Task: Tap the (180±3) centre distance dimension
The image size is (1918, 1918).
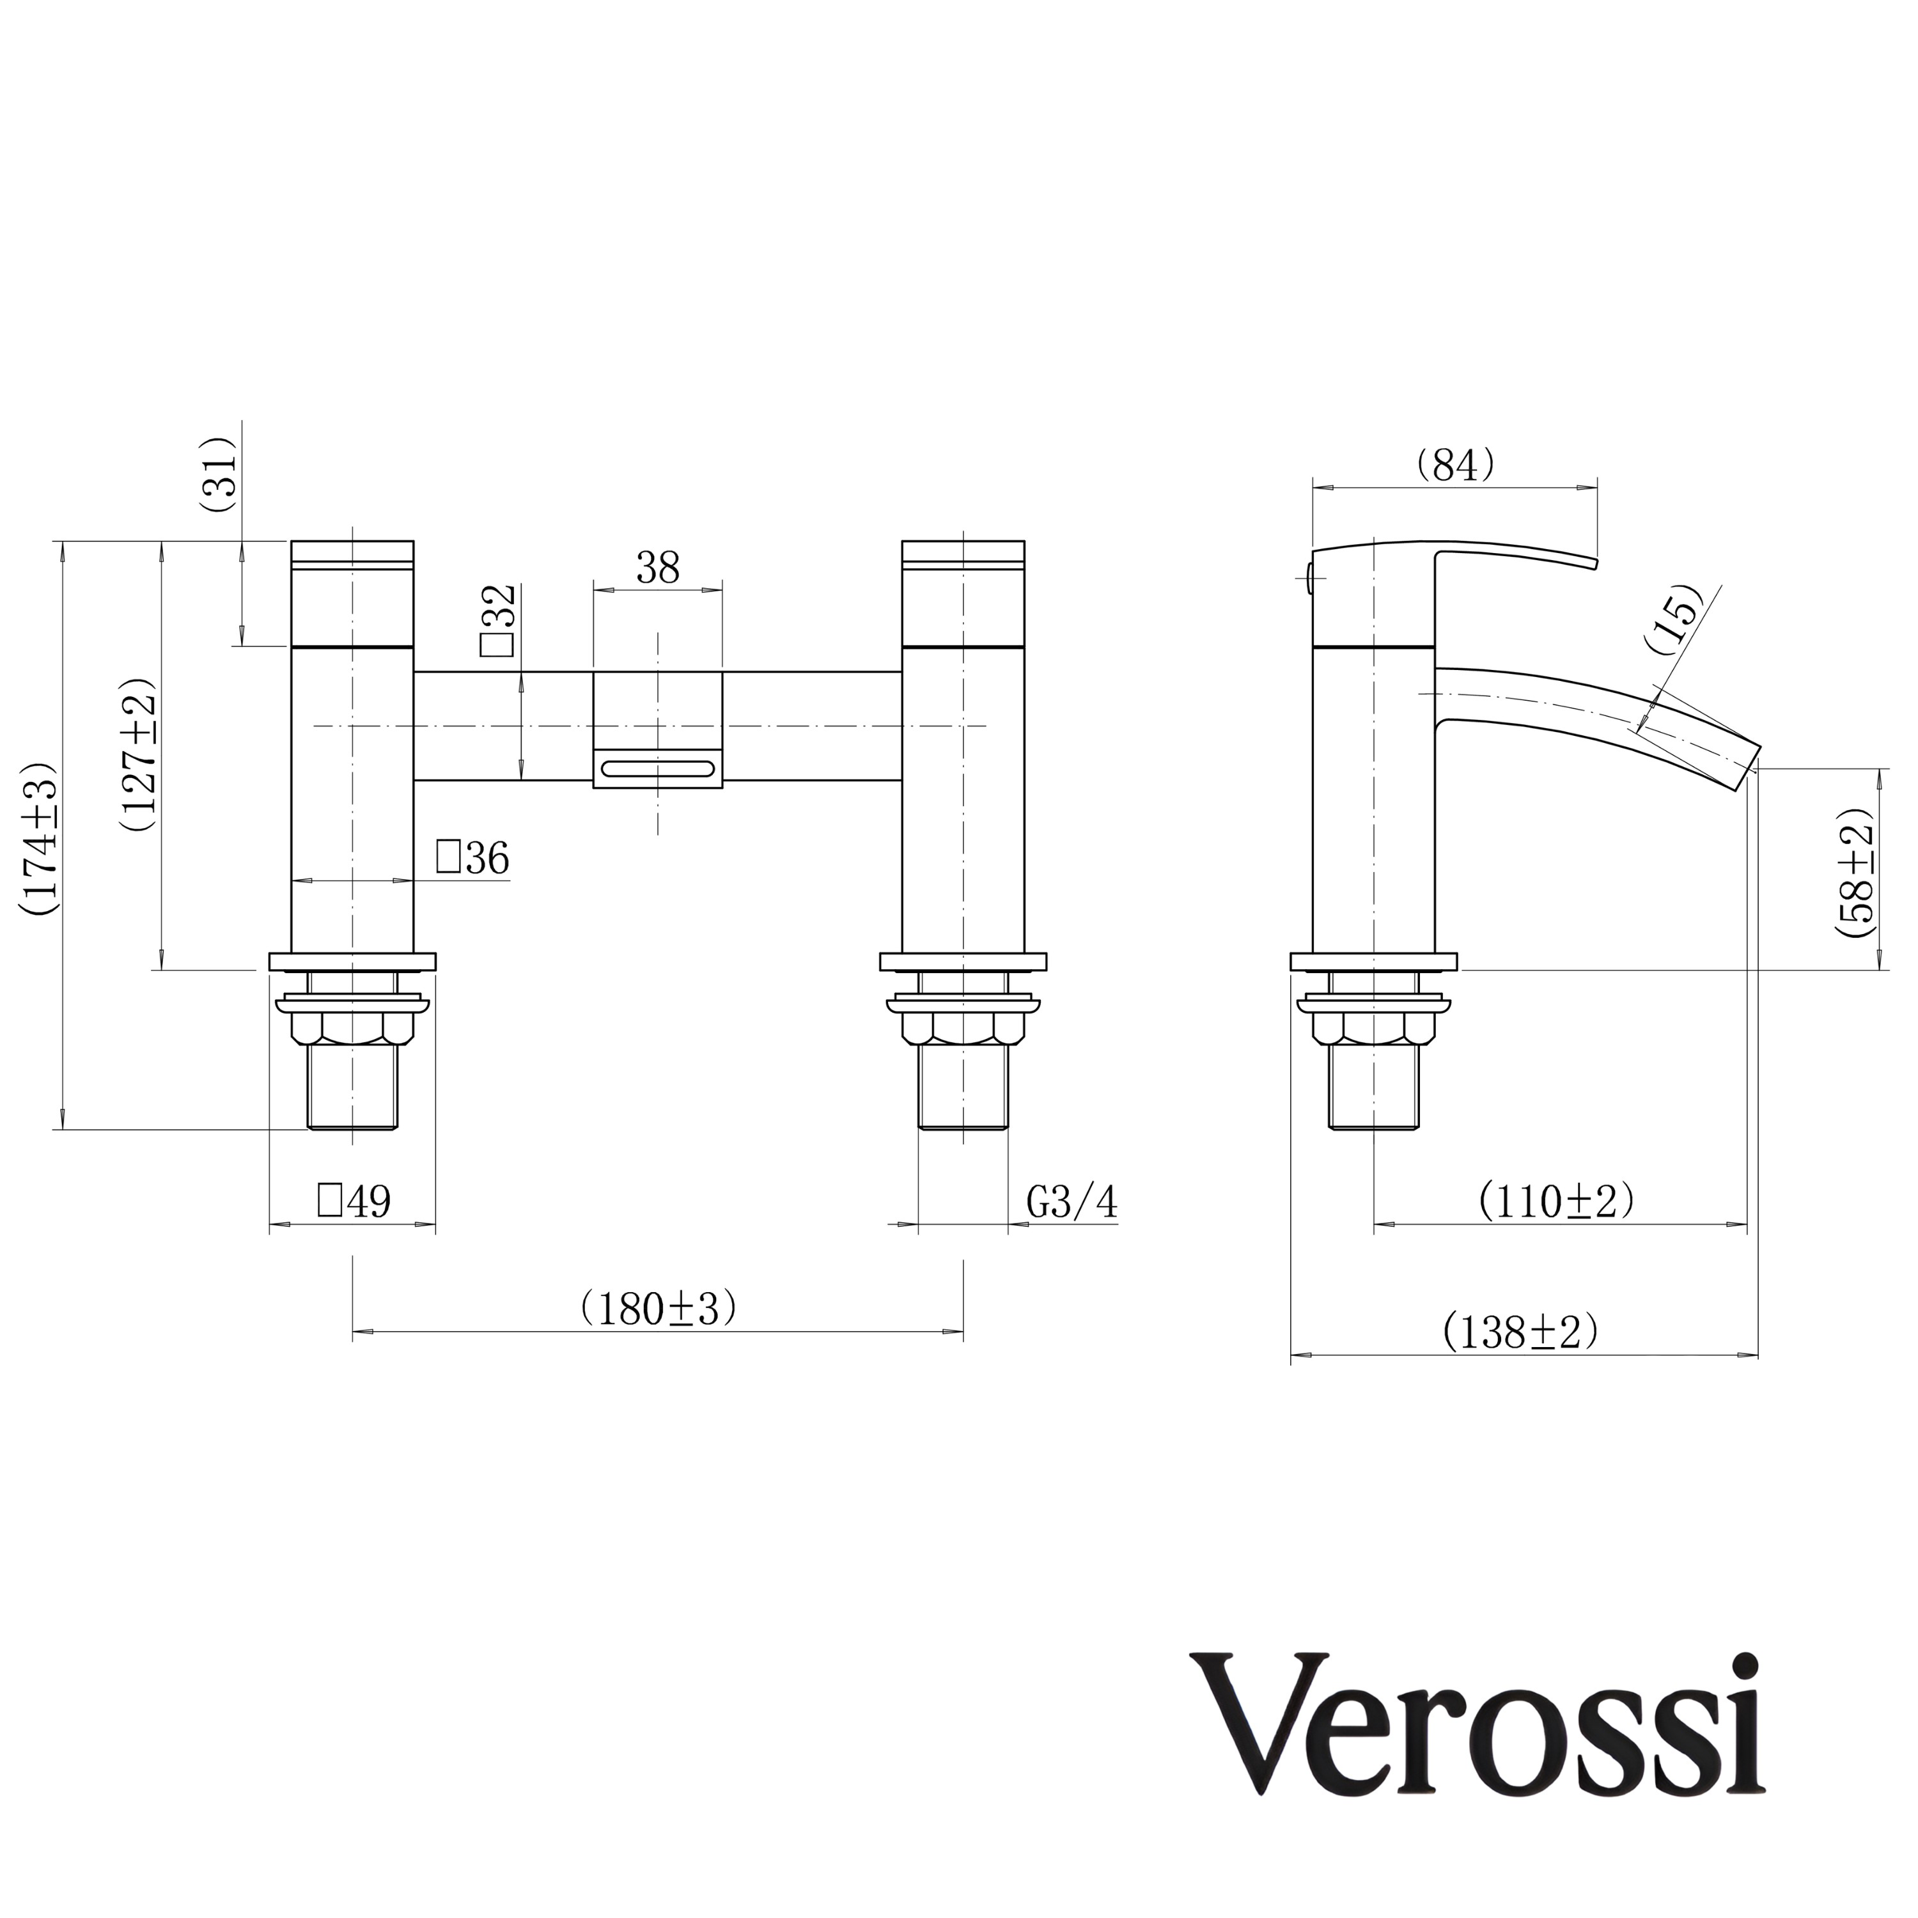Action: tap(659, 1307)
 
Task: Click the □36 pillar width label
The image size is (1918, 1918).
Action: tap(472, 858)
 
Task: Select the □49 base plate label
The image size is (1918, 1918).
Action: tap(354, 1201)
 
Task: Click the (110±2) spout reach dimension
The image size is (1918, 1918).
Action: tap(1555, 1202)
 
